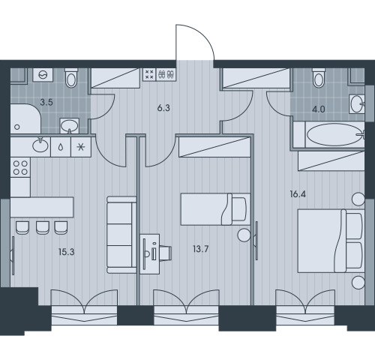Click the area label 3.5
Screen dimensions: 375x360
click(46, 102)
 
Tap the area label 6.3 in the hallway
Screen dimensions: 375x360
click(163, 108)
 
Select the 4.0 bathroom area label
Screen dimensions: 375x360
click(319, 109)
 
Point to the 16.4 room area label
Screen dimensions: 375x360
click(298, 194)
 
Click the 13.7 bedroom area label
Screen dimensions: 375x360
click(201, 249)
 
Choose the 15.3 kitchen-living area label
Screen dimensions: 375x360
click(67, 252)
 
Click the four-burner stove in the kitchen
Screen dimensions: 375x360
click(20, 167)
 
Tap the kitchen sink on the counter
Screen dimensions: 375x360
click(40, 145)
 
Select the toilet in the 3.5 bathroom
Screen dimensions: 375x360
click(71, 78)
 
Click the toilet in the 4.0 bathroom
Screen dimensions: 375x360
click(319, 78)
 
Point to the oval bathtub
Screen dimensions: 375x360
click(335, 135)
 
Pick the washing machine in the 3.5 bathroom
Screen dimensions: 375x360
click(43, 75)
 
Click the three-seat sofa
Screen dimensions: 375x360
click(121, 235)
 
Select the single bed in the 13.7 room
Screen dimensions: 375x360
click(215, 209)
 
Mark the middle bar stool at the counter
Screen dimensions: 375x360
click(43, 228)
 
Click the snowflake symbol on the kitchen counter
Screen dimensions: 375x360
click(81, 147)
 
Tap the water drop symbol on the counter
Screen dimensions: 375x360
click(61, 147)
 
